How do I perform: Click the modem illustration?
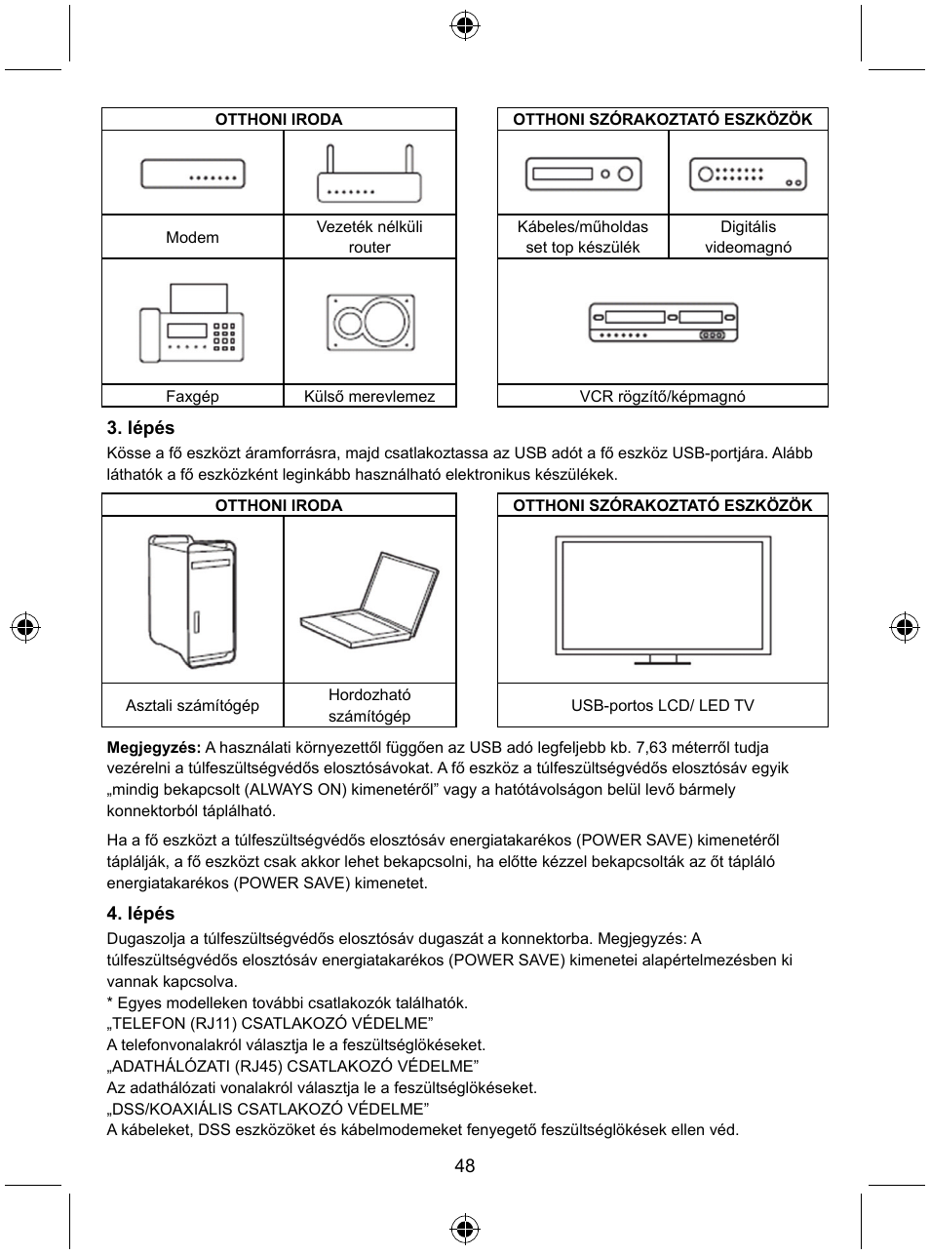point(192,175)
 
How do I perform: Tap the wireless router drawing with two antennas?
point(369,175)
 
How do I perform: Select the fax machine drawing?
point(191,323)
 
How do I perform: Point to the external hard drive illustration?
point(369,322)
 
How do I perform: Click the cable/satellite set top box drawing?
point(583,175)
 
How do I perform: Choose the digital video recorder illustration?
point(748,175)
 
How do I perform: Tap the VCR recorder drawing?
point(662,322)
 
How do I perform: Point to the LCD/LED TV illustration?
point(662,599)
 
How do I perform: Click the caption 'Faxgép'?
point(192,396)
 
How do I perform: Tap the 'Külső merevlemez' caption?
point(369,396)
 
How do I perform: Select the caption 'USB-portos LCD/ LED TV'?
point(662,705)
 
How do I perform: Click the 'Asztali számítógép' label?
point(192,705)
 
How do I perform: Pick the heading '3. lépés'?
point(140,427)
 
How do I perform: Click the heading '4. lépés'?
point(140,914)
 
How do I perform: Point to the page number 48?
point(464,1166)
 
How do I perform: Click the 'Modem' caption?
point(192,237)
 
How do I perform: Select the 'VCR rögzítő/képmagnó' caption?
point(662,396)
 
